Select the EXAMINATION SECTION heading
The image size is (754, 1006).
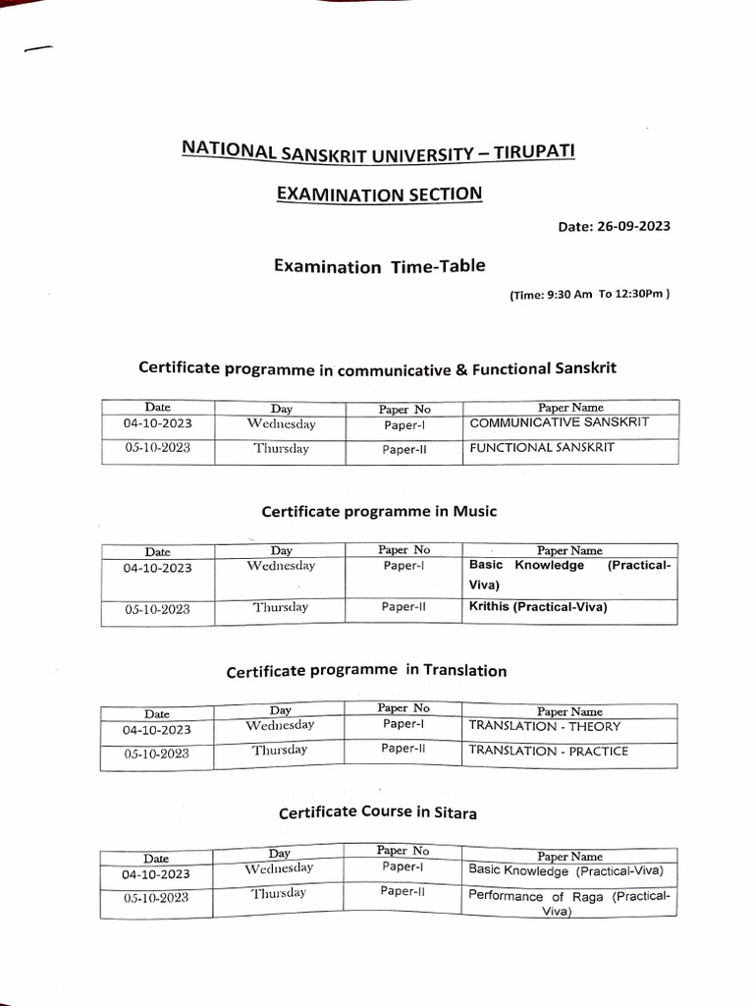[379, 194]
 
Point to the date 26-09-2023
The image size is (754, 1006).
[615, 226]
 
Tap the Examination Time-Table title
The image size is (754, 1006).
[379, 266]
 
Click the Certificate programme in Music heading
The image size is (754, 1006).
[379, 511]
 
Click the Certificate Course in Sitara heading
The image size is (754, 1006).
[378, 812]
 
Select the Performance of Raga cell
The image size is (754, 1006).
[569, 903]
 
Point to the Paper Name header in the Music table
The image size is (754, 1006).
[569, 551]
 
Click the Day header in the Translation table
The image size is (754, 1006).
[280, 710]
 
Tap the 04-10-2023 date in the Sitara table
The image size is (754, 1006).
[157, 874]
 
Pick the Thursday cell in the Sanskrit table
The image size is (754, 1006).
[281, 449]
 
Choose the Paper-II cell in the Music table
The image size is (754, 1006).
[404, 607]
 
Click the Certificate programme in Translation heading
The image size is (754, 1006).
[366, 671]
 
